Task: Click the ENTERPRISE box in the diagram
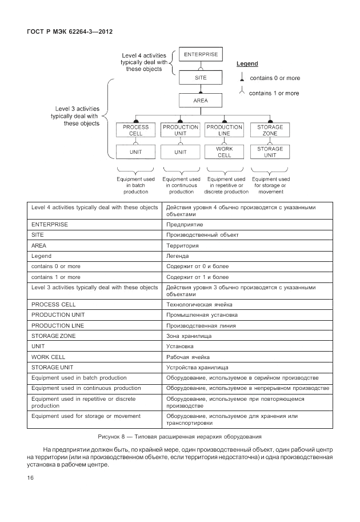(x=201, y=55)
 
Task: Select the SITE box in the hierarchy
(x=201, y=78)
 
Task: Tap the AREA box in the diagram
(x=201, y=101)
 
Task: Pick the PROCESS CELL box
(x=135, y=130)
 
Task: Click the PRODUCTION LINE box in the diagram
(x=225, y=130)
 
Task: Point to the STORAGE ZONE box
(x=270, y=130)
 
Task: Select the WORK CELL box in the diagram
(x=225, y=152)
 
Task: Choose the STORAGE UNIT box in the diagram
(x=270, y=152)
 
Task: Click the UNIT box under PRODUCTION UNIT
(x=180, y=152)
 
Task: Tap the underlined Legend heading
(x=247, y=63)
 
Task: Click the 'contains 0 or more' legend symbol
(x=242, y=77)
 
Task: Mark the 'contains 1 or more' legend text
(x=274, y=93)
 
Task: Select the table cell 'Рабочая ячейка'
(x=189, y=357)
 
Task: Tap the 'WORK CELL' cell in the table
(x=49, y=357)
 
